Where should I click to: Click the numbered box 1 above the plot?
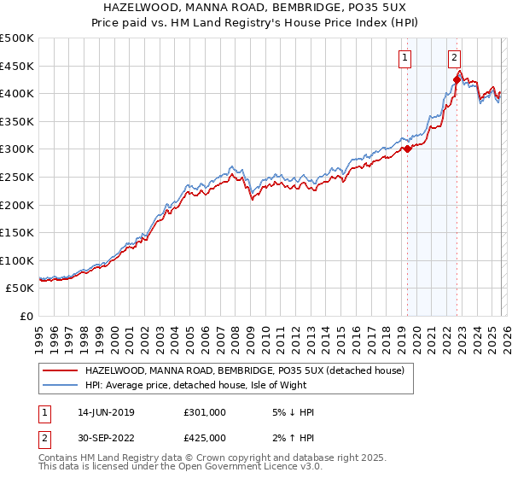[404, 58]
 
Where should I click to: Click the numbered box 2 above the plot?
[455, 58]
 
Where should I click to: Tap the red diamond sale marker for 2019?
[407, 149]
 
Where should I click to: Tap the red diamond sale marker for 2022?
[457, 79]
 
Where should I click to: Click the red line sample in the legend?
[59, 370]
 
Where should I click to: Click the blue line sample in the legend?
[59, 385]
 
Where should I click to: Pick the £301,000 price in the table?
[205, 412]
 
